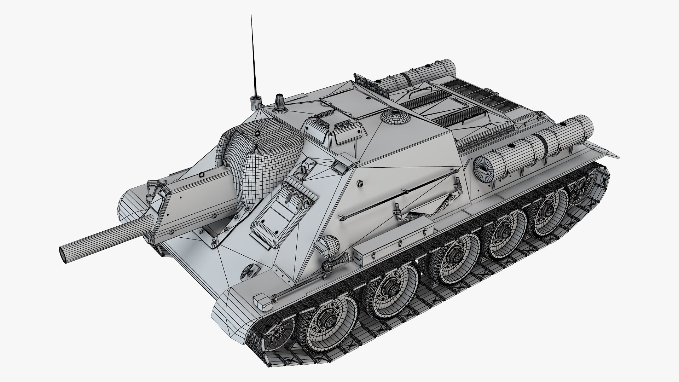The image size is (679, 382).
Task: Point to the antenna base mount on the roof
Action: click(254, 101)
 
